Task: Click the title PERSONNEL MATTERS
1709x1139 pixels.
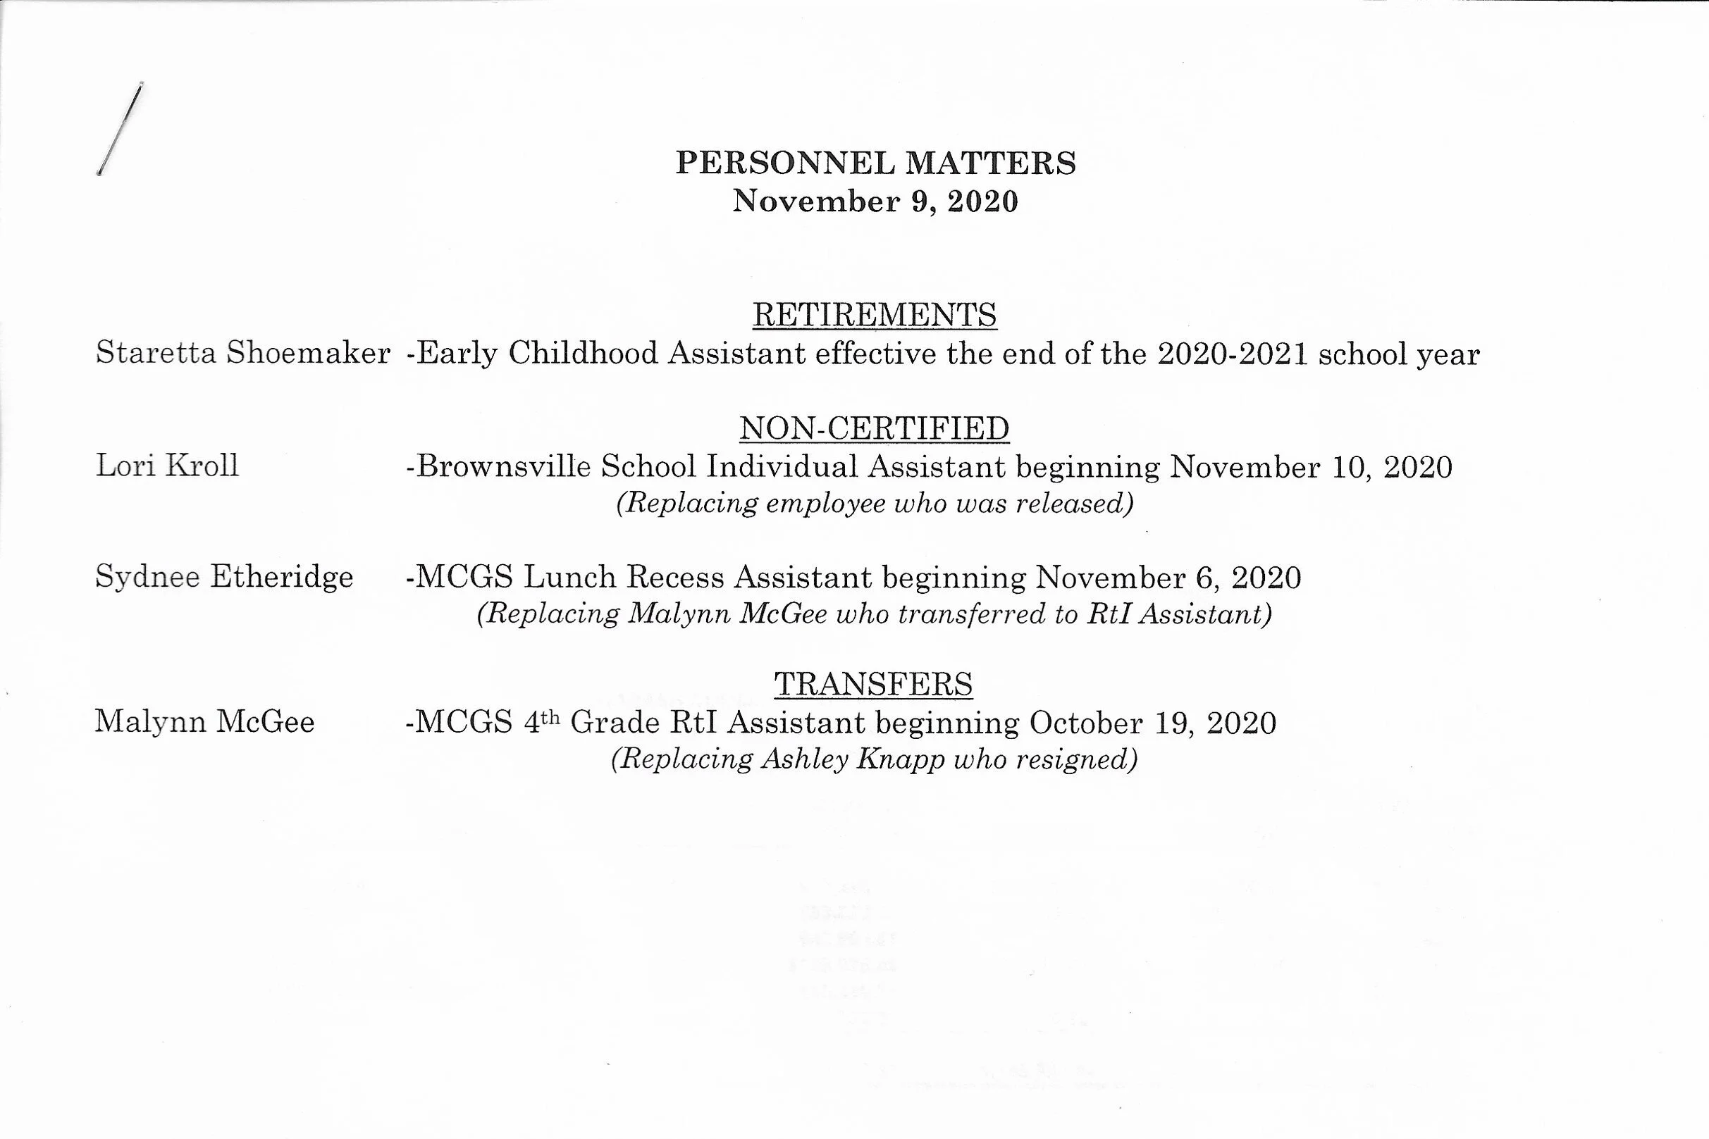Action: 875,163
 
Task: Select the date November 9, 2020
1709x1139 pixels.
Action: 875,201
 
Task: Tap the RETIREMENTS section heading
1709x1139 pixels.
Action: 874,316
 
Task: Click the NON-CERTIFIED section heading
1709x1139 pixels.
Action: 874,428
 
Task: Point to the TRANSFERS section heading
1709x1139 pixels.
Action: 873,684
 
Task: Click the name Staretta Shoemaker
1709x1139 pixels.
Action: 243,354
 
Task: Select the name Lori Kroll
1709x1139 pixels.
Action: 167,466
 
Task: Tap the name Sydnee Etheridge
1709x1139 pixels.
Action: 225,578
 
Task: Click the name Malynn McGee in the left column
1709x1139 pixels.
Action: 205,722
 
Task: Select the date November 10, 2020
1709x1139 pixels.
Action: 1310,467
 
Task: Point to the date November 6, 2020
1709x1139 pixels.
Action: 1168,578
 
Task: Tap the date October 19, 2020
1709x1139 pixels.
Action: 1152,723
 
